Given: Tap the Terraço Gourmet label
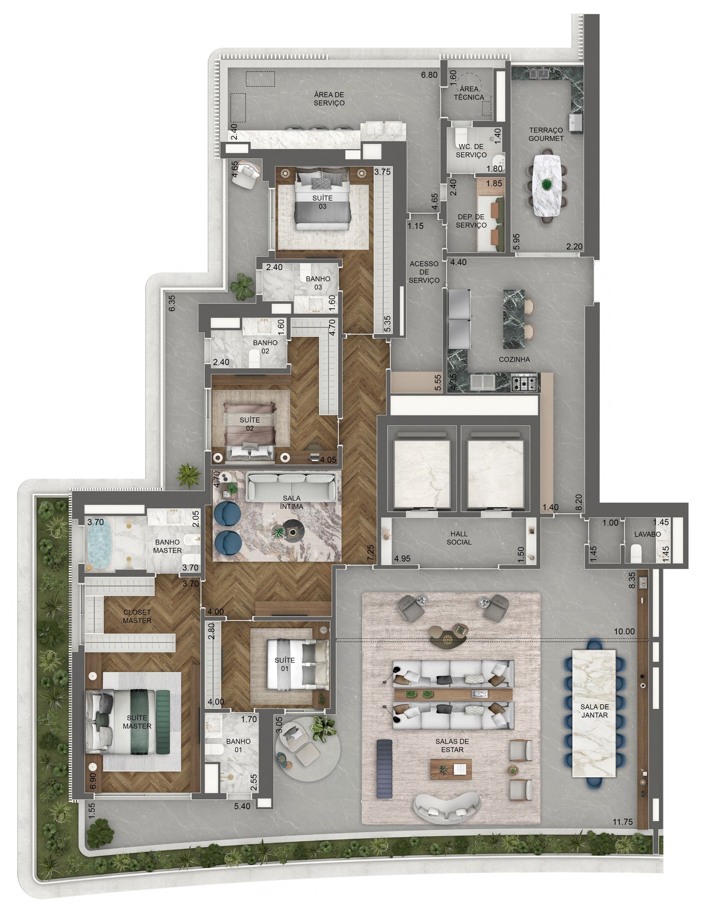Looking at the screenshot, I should [546, 134].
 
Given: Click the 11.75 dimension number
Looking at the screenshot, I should [622, 822].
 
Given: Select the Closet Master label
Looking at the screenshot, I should [137, 616].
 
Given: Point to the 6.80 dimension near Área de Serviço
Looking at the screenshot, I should [429, 75].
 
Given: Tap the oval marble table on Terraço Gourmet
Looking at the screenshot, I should [546, 185].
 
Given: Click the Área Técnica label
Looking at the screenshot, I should [469, 93].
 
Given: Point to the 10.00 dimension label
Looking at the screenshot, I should [624, 631].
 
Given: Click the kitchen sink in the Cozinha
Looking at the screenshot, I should [483, 382].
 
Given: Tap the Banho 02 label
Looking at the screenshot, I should [265, 347].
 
